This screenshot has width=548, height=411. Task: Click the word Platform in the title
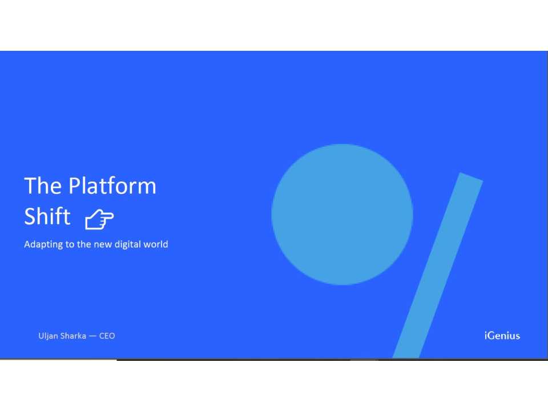[112, 186]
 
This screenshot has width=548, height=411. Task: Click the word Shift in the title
[47, 217]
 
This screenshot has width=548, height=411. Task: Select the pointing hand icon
[99, 219]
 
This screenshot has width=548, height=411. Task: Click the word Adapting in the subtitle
[42, 244]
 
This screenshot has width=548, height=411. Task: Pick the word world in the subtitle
[156, 244]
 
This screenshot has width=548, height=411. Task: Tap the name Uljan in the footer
[47, 336]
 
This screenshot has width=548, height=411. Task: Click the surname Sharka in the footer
[72, 336]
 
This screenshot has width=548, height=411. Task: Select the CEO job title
[107, 336]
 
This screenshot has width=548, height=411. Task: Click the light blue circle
[342, 214]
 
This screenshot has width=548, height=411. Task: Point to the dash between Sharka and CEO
[92, 336]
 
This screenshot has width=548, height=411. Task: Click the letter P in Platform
[74, 186]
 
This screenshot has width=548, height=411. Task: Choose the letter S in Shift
[30, 217]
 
